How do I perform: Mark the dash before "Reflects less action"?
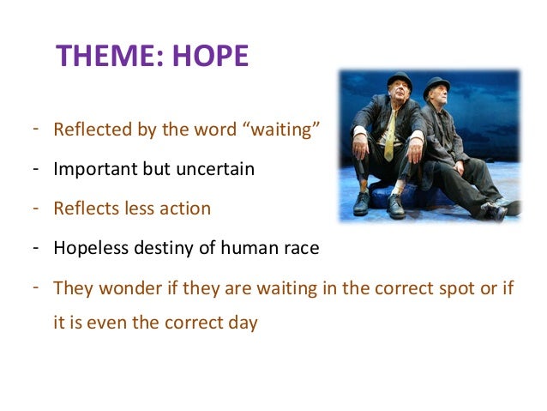click(x=37, y=207)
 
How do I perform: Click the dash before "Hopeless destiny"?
click(x=37, y=247)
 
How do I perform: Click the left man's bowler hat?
click(x=399, y=79)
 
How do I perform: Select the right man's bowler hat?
click(x=437, y=85)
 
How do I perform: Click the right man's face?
click(x=438, y=100)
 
